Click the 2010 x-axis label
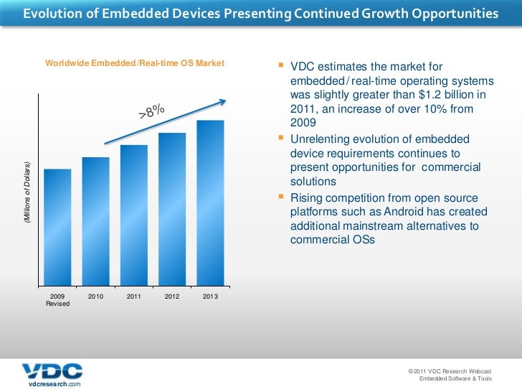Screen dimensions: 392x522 coord(95,297)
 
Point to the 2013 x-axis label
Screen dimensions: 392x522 coord(210,297)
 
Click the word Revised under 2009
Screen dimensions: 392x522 coord(57,304)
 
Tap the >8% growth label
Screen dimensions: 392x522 coord(151,111)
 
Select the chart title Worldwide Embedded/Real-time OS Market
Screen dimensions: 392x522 coord(135,64)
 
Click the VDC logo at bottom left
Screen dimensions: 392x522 coord(52,371)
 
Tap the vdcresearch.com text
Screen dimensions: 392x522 coord(54,386)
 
